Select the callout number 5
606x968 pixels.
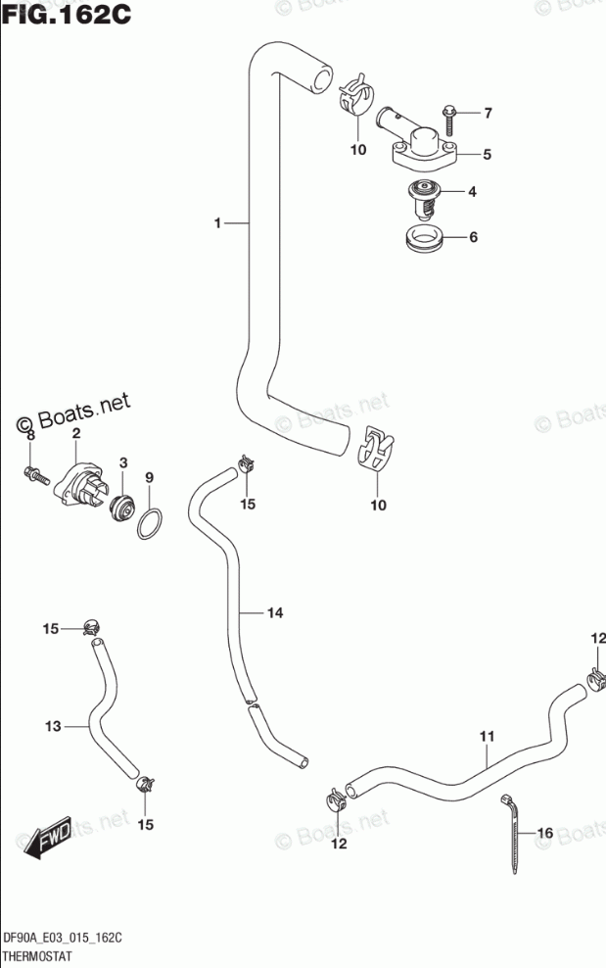(x=487, y=154)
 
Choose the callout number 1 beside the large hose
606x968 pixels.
(x=218, y=224)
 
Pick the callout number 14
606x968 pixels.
(x=275, y=613)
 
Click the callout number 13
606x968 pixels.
(x=53, y=726)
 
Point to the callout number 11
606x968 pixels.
(x=487, y=736)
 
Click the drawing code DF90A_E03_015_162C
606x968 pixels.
(x=64, y=938)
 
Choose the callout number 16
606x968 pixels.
(x=545, y=833)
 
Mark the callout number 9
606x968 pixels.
(x=150, y=477)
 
